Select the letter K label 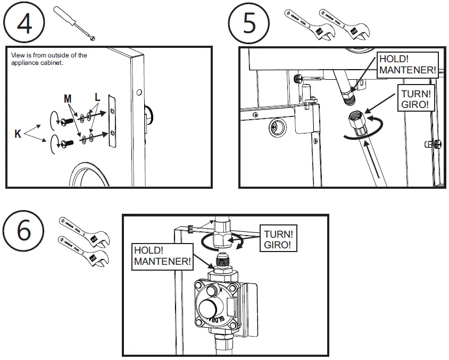[18, 135]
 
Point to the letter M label [68, 99]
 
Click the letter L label [97, 98]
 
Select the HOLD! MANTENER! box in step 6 [162, 256]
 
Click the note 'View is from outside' [48, 58]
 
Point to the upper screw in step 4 [69, 121]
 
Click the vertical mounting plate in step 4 [112, 121]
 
